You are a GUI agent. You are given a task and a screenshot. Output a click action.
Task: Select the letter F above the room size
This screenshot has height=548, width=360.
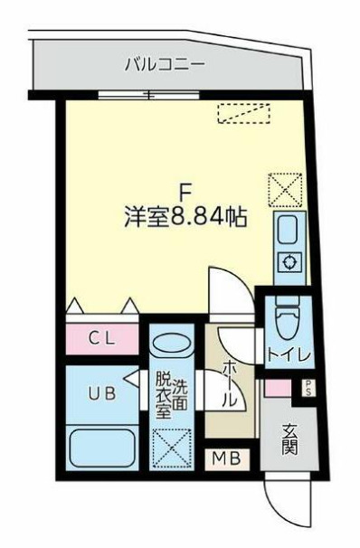tap(186, 193)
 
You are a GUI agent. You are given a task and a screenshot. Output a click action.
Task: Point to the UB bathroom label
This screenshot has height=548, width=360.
tap(99, 393)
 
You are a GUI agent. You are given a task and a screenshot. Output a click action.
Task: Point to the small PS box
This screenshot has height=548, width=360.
tap(308, 390)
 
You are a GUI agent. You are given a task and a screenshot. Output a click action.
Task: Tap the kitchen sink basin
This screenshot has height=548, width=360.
tap(289, 231)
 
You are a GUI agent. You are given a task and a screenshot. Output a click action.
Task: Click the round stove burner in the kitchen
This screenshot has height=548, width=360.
tap(289, 264)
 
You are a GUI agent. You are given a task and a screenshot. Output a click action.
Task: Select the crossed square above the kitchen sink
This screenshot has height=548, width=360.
tap(282, 190)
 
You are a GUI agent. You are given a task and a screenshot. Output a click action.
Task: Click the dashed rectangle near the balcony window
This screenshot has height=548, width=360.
tap(244, 113)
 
